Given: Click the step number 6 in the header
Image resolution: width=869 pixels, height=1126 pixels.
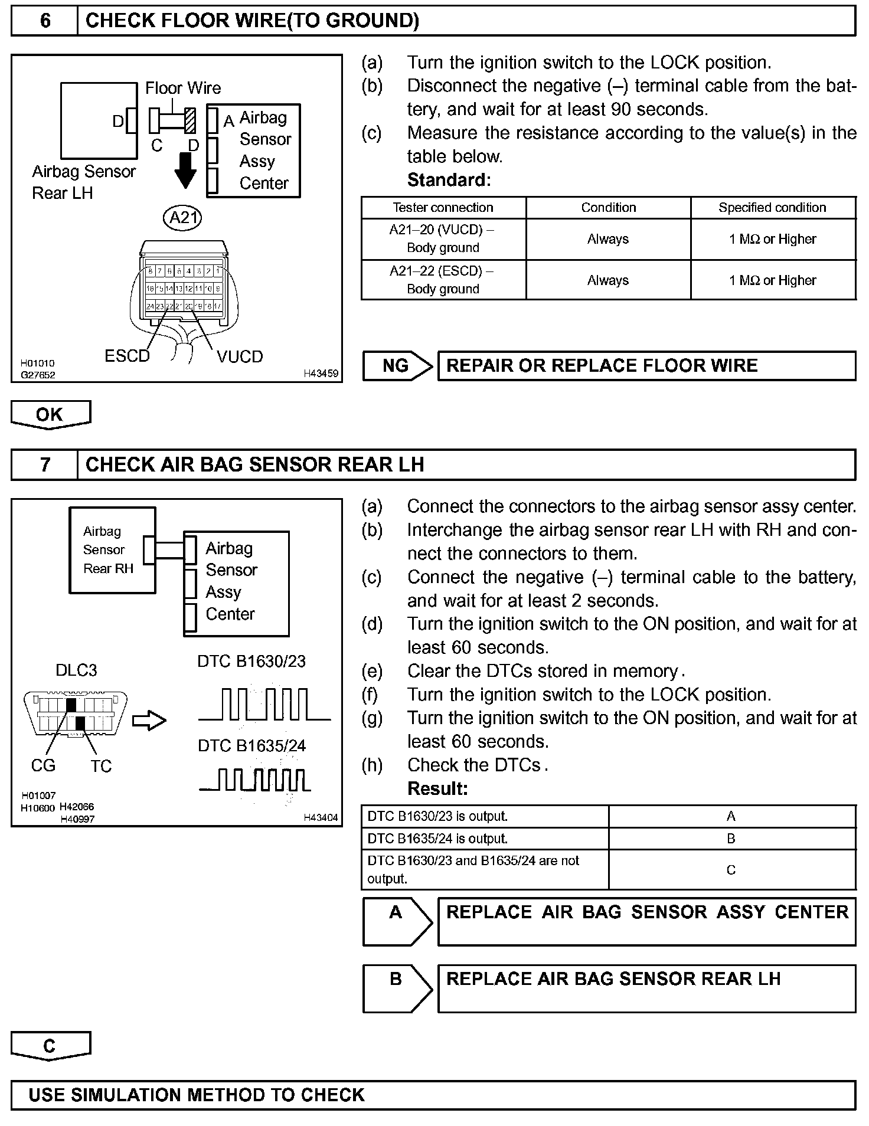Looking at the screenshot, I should click(x=45, y=21).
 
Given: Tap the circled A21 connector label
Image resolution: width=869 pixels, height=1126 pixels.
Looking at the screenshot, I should click(x=182, y=218).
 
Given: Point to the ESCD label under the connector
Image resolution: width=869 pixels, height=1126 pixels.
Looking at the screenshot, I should click(x=127, y=356).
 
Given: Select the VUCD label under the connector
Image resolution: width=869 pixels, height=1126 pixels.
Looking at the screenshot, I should click(x=239, y=356).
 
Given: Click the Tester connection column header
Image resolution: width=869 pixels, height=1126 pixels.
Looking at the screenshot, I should click(x=443, y=208).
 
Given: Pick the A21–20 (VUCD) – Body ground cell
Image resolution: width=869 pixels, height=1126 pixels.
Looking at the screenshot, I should click(x=443, y=238).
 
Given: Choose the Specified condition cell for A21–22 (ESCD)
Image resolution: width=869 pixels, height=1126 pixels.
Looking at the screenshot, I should click(x=772, y=280).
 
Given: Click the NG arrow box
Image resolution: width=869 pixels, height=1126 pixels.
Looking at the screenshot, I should click(x=397, y=366).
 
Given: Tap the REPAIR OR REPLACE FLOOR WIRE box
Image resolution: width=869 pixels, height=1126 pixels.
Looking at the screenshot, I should click(x=646, y=366).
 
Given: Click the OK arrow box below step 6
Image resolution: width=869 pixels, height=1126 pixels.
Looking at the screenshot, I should click(x=50, y=414).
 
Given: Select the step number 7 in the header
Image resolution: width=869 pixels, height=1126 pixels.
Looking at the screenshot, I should click(x=45, y=464).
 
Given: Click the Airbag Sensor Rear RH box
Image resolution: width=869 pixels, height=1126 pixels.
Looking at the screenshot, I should click(x=112, y=550).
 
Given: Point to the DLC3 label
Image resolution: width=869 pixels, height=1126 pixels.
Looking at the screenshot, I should click(x=76, y=670).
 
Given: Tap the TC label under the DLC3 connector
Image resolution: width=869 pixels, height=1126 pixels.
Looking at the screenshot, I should click(x=101, y=766).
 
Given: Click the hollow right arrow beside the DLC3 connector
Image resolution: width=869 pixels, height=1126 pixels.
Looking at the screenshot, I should click(x=149, y=721).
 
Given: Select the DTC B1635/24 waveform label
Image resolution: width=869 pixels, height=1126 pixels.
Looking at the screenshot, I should click(x=252, y=746).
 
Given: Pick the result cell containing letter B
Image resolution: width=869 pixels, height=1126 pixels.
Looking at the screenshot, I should click(x=731, y=839).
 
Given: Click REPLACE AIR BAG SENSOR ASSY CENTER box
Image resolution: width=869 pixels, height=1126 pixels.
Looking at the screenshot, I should click(x=646, y=921).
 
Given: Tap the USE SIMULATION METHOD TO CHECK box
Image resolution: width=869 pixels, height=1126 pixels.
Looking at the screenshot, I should click(x=433, y=1095).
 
